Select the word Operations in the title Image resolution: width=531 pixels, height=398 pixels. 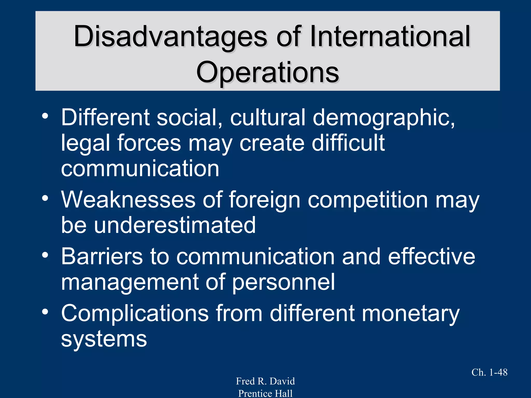[267, 73]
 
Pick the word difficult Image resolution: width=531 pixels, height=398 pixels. [348, 143]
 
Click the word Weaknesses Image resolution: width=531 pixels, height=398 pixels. [128, 200]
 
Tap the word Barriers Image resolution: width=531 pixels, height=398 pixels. [102, 257]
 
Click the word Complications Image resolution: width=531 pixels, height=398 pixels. [135, 313]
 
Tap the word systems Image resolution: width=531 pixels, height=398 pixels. [104, 339]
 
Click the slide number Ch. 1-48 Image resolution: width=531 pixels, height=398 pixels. [489, 372]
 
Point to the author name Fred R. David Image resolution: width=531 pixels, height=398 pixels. [265, 381]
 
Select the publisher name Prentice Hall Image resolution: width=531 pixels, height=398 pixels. [265, 393]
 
